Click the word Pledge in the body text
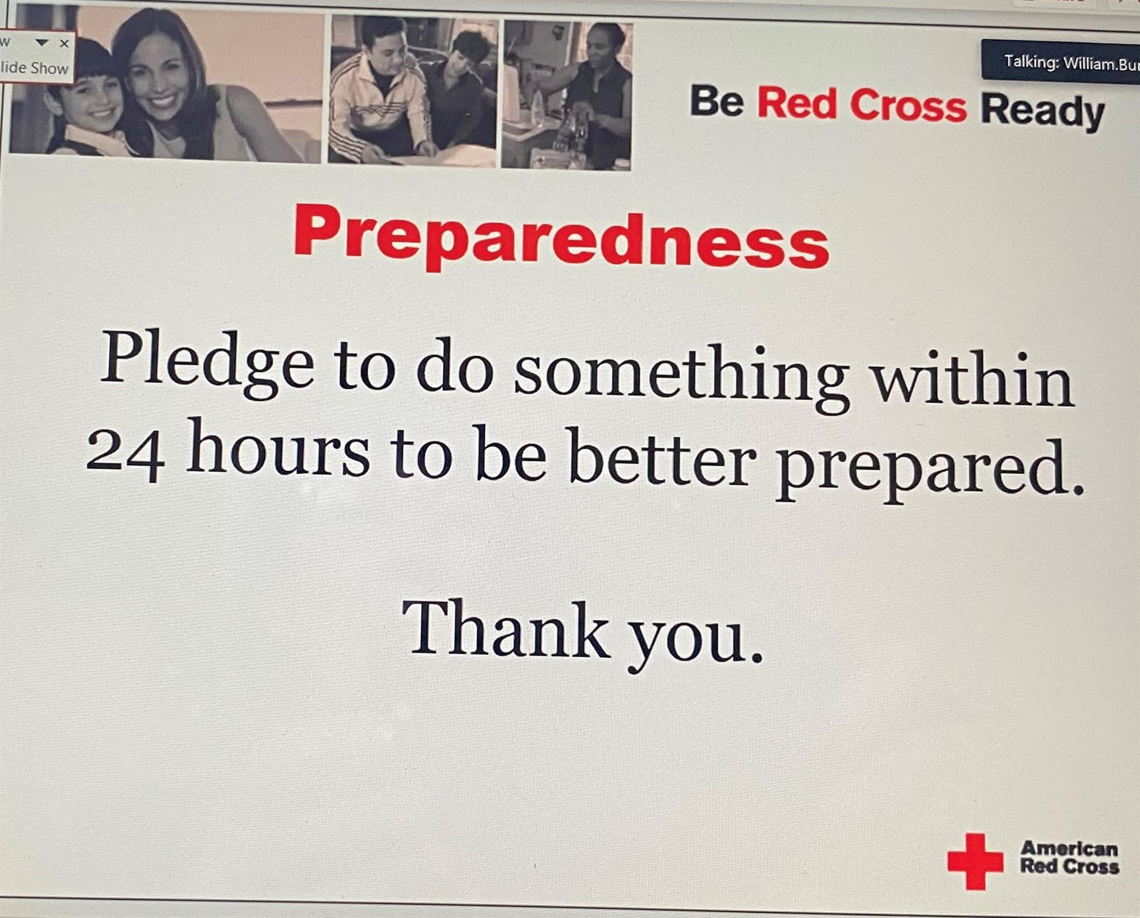[x=207, y=362]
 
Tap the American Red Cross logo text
[x=1069, y=857]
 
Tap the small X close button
[x=64, y=43]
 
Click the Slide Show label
[x=34, y=67]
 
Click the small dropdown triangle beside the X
[x=42, y=43]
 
